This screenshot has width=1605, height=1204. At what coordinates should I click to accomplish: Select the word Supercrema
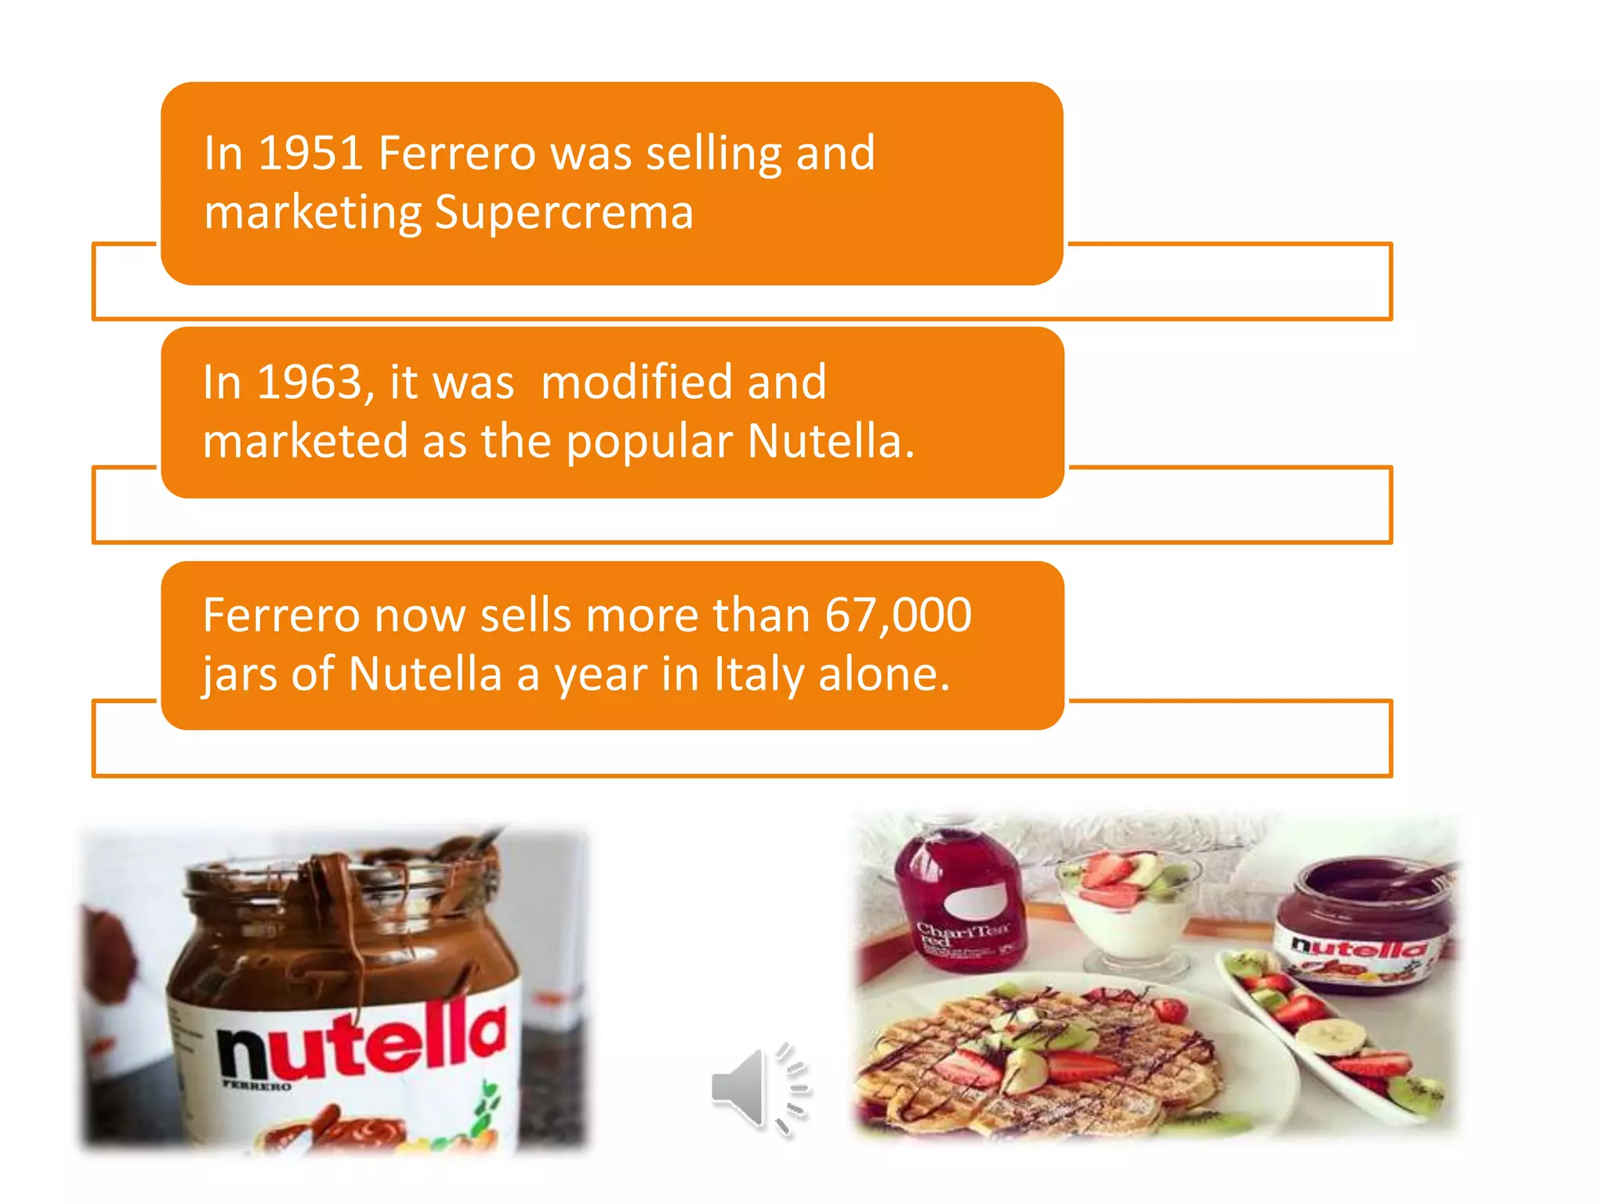pyautogui.click(x=564, y=212)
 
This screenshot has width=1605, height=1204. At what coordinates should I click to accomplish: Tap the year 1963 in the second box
pyautogui.click(x=309, y=383)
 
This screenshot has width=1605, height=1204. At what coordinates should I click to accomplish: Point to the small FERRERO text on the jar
pyautogui.click(x=256, y=1086)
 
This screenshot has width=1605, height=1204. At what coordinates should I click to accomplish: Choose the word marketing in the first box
pyautogui.click(x=313, y=212)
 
